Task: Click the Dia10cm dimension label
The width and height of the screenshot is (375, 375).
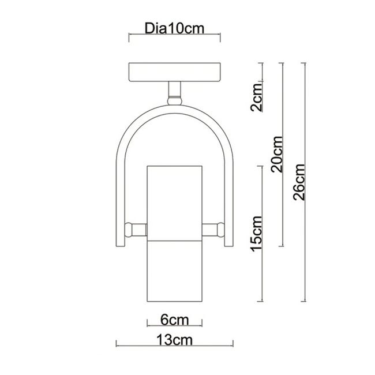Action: click(174, 28)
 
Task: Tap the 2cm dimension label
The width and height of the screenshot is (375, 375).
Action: click(256, 97)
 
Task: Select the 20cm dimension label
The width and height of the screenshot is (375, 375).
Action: click(277, 154)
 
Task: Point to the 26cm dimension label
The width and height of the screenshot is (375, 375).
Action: click(299, 182)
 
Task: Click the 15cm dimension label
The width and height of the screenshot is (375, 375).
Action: click(256, 234)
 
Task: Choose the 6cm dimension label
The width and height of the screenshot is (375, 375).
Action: click(175, 320)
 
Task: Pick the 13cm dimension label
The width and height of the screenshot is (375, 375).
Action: click(174, 340)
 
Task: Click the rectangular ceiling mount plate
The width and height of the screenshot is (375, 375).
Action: click(175, 72)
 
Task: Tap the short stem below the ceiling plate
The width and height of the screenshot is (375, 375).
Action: click(175, 89)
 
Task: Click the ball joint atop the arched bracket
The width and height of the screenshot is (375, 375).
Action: click(175, 100)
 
